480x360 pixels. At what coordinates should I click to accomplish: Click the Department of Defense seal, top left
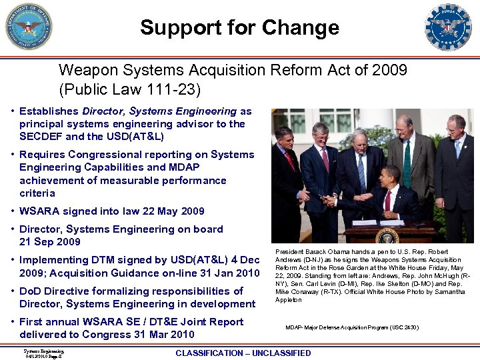[29, 27]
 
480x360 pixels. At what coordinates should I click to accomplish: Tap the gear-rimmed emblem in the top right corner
[447, 27]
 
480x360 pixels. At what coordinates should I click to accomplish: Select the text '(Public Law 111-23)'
[129, 89]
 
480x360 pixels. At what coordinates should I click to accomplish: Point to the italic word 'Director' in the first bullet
[103, 111]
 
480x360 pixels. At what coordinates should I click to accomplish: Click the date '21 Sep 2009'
[50, 242]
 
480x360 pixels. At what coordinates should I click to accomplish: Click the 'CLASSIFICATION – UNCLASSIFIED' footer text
[243, 353]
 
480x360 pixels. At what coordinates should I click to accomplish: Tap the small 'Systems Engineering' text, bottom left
[43, 351]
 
